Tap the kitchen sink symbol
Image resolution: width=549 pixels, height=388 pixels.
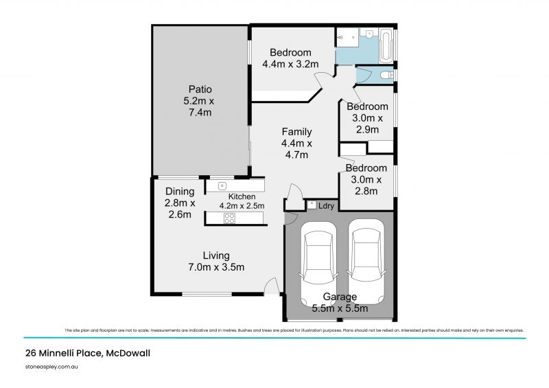222,185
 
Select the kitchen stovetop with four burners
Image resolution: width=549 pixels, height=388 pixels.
230,218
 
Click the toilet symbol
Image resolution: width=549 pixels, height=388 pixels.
387,74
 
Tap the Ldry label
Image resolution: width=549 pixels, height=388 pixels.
327,205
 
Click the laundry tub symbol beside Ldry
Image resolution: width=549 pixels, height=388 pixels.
312,204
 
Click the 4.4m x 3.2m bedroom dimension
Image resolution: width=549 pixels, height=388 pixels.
290,65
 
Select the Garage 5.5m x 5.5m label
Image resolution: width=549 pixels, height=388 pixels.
340,302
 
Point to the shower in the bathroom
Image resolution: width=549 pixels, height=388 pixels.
347,37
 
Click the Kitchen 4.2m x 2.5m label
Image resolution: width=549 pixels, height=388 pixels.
242,201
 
